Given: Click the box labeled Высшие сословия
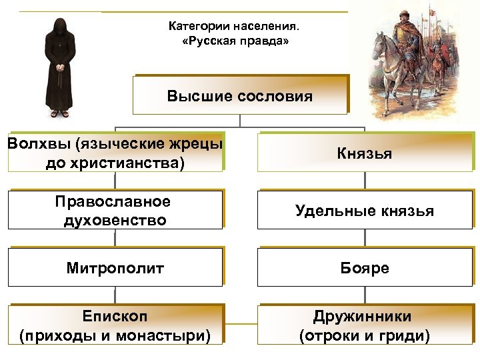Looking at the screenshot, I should point(239,96).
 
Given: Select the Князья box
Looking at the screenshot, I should point(364,154).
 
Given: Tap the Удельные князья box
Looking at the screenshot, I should point(364,211).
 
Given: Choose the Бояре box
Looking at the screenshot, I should point(364,269).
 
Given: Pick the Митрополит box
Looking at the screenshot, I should point(115,269).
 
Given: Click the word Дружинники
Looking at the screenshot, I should point(364,316).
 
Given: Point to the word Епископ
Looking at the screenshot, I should point(115,316).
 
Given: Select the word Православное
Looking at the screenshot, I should point(115,202).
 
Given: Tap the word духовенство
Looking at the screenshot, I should point(115,220).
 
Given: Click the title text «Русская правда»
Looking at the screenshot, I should point(235,42).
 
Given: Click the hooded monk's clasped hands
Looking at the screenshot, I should point(60,67).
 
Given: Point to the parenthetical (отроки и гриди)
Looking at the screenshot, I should point(364,335).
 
